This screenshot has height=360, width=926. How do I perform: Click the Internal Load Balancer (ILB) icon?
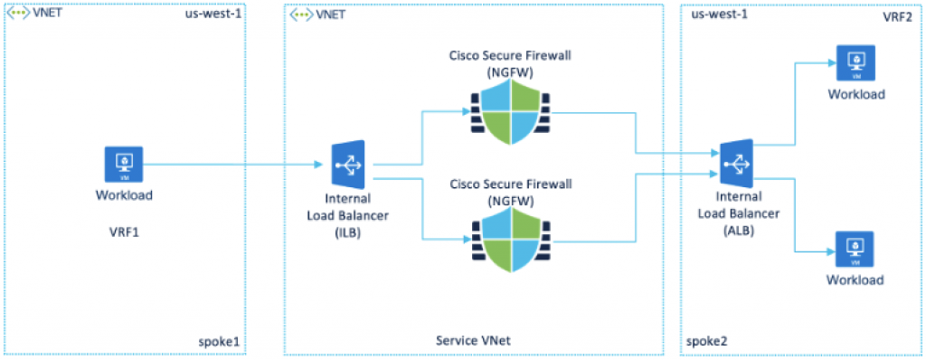coord(347,164)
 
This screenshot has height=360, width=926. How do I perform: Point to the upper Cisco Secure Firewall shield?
coord(510,112)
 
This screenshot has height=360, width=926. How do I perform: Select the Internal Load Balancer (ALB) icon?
coord(739,164)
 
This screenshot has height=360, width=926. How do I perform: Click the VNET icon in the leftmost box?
coord(17,14)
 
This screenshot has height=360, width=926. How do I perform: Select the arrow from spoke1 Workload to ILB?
coord(235,165)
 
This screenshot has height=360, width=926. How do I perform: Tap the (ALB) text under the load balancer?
coord(739,230)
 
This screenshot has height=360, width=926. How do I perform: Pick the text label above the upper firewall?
coord(510,62)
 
